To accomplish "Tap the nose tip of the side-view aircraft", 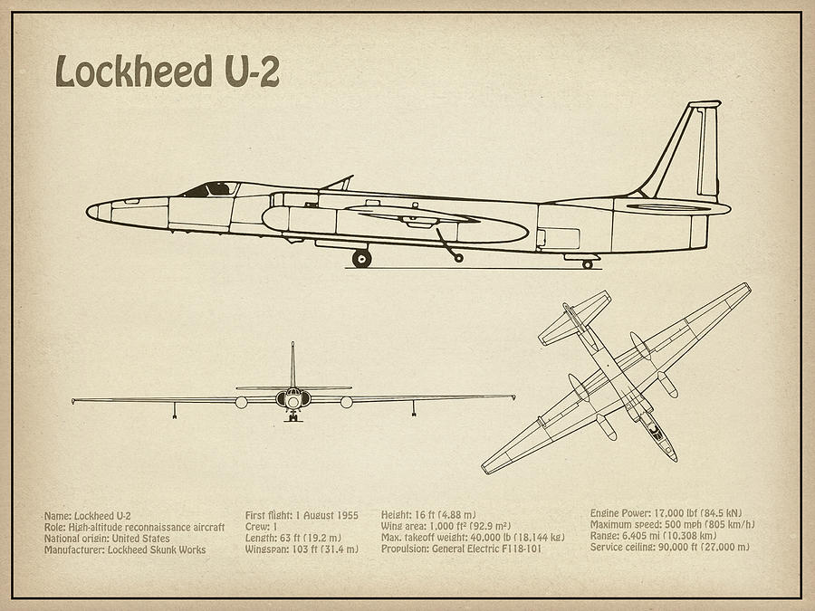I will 90,211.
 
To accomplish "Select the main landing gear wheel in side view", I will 362,259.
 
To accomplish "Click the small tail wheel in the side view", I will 587,264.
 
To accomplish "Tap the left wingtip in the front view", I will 74,399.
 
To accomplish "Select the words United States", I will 139,539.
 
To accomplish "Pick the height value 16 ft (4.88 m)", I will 449,515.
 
